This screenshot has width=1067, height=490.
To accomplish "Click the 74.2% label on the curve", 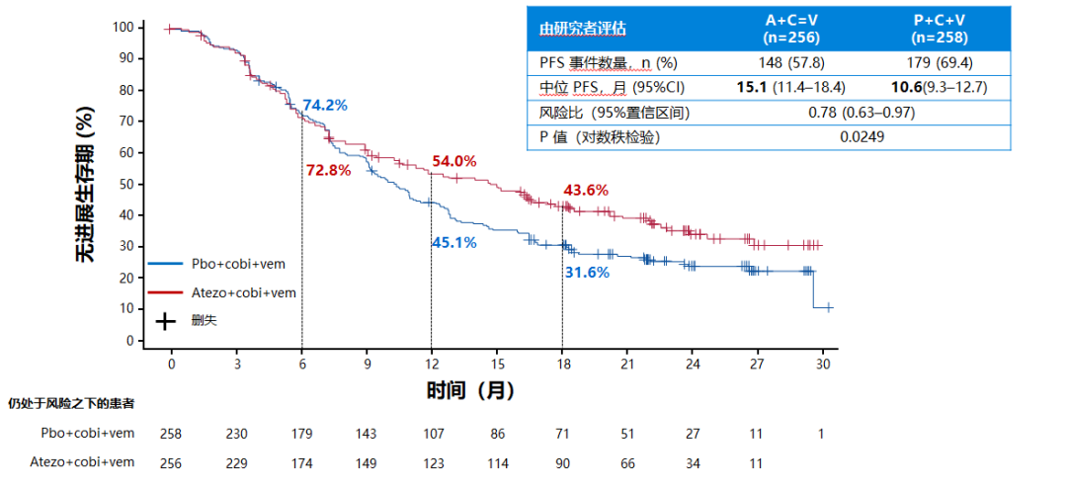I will (325, 105).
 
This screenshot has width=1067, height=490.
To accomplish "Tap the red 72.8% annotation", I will (328, 170).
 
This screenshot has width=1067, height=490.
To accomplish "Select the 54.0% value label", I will (454, 161).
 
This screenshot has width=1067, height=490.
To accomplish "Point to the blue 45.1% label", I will (453, 242).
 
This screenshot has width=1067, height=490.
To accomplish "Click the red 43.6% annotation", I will (586, 190).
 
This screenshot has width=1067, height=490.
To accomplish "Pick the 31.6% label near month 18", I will (587, 273).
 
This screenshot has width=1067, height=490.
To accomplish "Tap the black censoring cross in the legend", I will (167, 320).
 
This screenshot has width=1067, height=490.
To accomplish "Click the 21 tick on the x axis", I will (626, 364).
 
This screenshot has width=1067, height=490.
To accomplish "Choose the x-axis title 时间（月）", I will (471, 390).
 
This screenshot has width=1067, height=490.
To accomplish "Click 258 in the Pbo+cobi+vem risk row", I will (171, 434).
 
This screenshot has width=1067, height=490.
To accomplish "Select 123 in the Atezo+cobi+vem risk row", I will (432, 461).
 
